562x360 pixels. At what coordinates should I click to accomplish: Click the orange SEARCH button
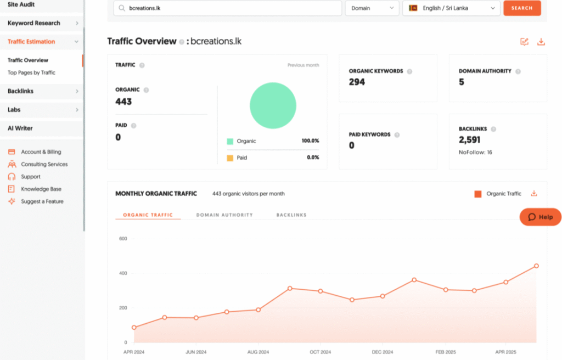click(x=522, y=8)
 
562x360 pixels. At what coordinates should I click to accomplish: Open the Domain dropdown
click(x=372, y=8)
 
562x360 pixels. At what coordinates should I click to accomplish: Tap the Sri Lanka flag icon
click(x=413, y=8)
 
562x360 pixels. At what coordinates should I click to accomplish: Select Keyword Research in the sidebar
click(x=34, y=23)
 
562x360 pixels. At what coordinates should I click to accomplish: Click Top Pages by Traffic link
click(x=31, y=72)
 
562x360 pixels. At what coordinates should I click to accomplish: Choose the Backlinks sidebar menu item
click(x=21, y=91)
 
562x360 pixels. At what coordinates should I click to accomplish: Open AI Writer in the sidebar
click(x=20, y=128)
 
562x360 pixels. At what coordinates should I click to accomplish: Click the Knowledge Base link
click(x=41, y=189)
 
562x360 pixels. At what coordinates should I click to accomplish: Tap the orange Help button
click(x=541, y=217)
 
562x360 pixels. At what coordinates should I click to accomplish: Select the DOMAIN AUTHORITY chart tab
click(x=224, y=215)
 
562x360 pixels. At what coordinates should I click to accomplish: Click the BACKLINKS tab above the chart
click(x=291, y=215)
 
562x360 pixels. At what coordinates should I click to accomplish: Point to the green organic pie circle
click(x=273, y=106)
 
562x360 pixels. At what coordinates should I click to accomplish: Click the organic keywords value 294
click(x=357, y=82)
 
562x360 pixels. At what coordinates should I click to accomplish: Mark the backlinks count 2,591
click(x=470, y=140)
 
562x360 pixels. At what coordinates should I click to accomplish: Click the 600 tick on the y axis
click(x=123, y=239)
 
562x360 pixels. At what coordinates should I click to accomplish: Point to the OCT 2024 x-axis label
click(x=320, y=352)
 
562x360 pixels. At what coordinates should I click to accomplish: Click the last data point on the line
click(x=536, y=266)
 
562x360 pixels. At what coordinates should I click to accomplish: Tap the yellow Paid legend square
click(x=230, y=158)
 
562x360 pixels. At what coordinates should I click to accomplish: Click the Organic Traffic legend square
click(x=477, y=194)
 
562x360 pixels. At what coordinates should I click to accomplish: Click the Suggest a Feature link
click(x=42, y=201)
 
